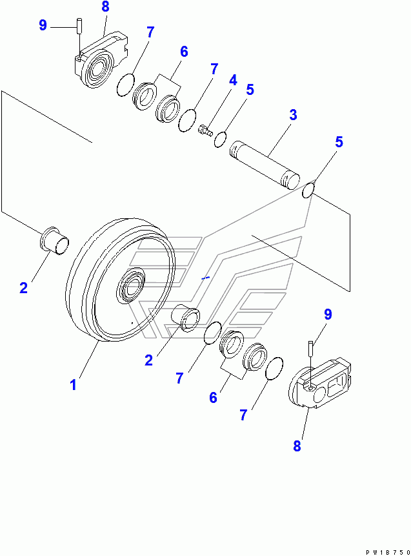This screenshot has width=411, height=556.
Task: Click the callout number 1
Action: click(74, 385)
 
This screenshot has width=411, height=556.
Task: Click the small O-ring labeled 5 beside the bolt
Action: click(220, 138)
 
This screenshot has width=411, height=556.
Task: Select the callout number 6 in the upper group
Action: click(183, 52)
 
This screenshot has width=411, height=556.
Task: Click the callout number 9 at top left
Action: click(43, 25)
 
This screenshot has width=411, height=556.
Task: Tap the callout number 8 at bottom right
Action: click(297, 445)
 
